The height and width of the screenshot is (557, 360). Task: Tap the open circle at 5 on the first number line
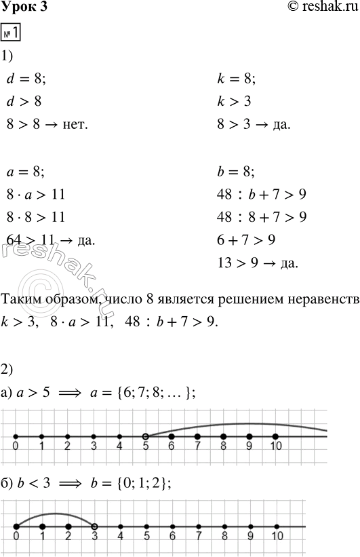point(145,436)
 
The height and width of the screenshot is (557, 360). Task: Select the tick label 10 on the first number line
point(275,447)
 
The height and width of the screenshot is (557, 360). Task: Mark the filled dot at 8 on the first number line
point(223,436)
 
